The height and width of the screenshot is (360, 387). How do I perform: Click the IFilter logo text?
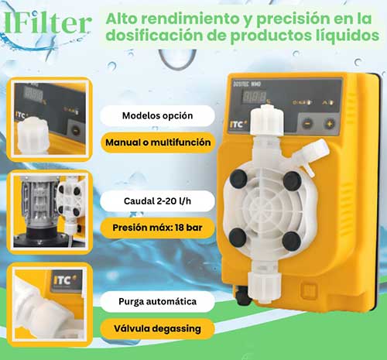coord(48,23)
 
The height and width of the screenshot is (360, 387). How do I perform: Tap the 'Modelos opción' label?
coord(157,115)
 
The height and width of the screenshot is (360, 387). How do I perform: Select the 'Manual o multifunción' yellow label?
coord(158,142)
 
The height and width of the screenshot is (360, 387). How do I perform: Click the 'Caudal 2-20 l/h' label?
coord(157,201)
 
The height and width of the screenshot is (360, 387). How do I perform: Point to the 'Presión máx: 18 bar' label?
coord(157,228)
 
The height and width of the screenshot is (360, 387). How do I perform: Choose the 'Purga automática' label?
coord(157,301)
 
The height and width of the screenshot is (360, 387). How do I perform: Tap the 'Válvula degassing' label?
coord(157,329)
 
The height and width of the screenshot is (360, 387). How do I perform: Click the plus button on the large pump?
coord(330,124)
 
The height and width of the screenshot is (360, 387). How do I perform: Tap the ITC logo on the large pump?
coord(238,125)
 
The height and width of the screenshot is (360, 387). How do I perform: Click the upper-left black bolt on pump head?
coord(238,178)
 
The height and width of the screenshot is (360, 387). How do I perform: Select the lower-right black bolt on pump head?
coord(292,241)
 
